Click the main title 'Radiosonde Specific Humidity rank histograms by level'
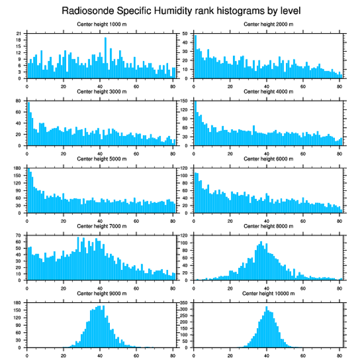pos(180,10)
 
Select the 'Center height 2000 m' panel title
pos(268,24)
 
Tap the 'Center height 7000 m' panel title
pos(101,226)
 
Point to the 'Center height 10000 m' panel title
pos(268,293)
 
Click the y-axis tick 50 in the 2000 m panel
pos(187,33)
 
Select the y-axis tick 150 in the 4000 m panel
pos(186,101)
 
